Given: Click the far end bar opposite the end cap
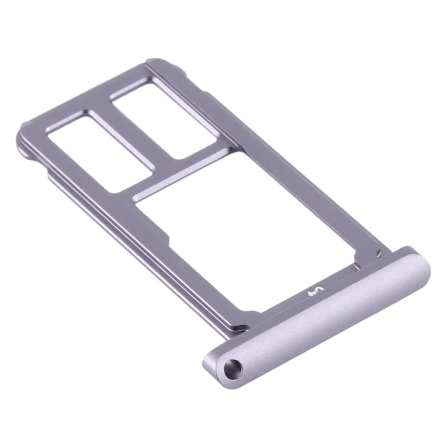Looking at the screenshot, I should click(89, 95).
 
